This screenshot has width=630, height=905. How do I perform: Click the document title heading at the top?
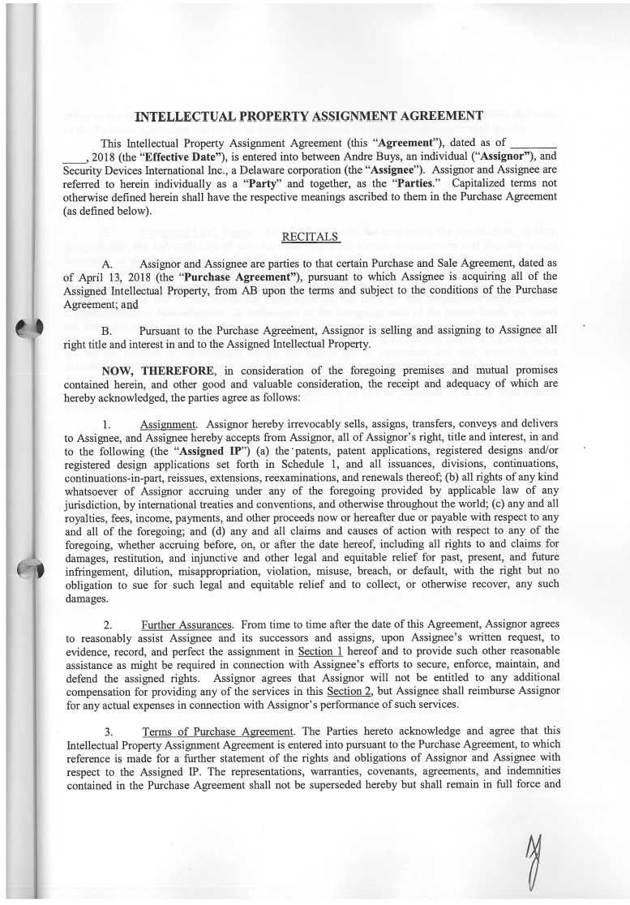point(309,116)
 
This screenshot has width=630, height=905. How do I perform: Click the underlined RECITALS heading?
point(311,237)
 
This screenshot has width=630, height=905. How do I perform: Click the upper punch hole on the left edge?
point(28,333)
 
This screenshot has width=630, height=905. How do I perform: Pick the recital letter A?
point(107,264)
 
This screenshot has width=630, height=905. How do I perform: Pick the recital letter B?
point(106,331)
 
